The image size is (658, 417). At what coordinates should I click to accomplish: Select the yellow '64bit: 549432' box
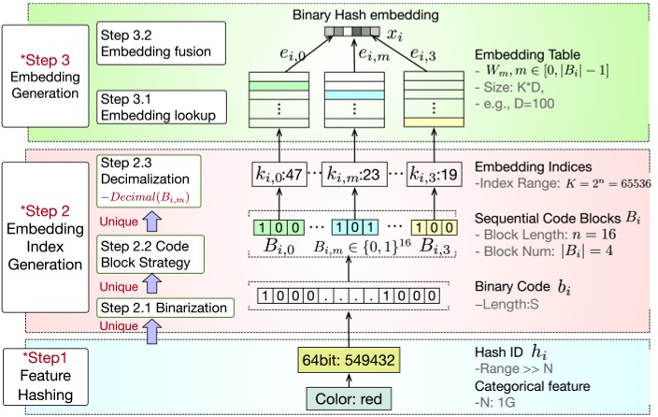[347, 360]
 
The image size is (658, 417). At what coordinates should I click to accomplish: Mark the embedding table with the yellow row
[433, 100]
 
